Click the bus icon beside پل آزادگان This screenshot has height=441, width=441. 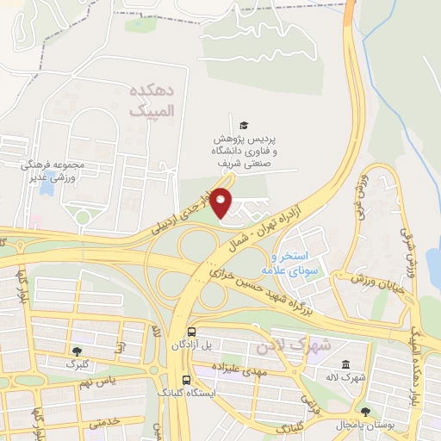(190, 332)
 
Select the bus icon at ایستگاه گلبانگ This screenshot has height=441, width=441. (186, 379)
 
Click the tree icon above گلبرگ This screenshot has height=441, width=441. (78, 351)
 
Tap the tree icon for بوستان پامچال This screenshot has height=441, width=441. (365, 412)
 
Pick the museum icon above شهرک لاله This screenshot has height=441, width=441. (345, 363)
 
